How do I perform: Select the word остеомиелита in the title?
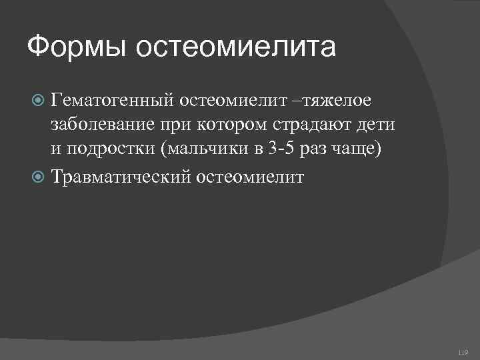coord(236,48)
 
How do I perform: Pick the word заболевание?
coord(103,125)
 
